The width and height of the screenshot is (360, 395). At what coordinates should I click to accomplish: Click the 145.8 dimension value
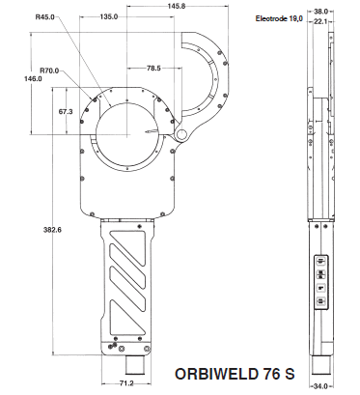[177, 6]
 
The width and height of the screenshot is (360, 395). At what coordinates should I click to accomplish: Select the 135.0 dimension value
[109, 16]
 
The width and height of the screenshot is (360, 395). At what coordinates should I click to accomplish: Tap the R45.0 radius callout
[44, 16]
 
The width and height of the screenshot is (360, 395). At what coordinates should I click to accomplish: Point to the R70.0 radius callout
[49, 71]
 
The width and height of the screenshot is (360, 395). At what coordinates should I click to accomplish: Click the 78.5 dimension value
[153, 69]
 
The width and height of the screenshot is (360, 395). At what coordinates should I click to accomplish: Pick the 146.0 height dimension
[33, 78]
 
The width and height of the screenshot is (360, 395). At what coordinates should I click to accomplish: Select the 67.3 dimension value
[66, 112]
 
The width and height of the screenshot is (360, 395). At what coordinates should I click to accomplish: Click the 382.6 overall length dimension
[52, 230]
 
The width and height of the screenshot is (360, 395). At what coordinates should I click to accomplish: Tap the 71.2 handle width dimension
[126, 383]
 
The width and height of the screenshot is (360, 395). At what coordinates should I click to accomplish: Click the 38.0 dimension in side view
[320, 12]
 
